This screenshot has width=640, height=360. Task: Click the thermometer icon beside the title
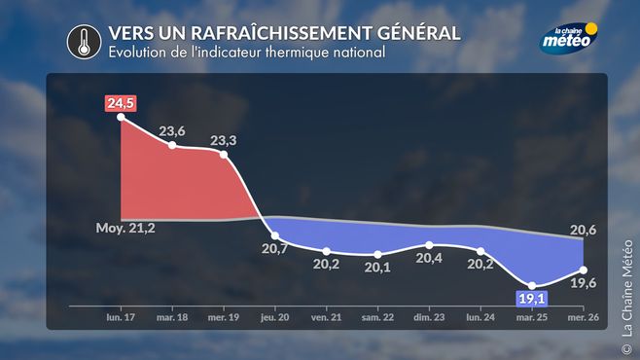pyautogui.click(x=84, y=42)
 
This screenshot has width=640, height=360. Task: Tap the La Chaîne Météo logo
pyautogui.click(x=569, y=38)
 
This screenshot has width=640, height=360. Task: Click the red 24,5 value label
pyautogui.click(x=121, y=103)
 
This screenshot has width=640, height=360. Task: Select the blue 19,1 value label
pyautogui.click(x=531, y=299)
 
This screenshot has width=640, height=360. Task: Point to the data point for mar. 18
pyautogui.click(x=172, y=145)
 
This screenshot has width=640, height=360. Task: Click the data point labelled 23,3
pyautogui.click(x=224, y=155)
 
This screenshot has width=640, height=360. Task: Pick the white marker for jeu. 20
pyautogui.click(x=275, y=235)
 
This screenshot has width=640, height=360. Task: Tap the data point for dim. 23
pyautogui.click(x=429, y=245)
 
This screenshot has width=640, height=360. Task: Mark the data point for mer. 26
pyautogui.click(x=584, y=270)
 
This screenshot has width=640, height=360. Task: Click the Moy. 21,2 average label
pyautogui.click(x=125, y=228)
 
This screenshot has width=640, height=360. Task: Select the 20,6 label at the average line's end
pyautogui.click(x=584, y=231)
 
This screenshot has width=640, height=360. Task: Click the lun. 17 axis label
pyautogui.click(x=121, y=317)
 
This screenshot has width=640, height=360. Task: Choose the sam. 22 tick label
pyautogui.click(x=378, y=317)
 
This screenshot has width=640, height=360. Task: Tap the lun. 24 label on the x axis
pyautogui.click(x=480, y=317)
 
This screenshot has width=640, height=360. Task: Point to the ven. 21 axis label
pyautogui.click(x=327, y=317)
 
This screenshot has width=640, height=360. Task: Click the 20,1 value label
pyautogui.click(x=377, y=268)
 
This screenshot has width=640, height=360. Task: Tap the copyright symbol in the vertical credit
pyautogui.click(x=626, y=349)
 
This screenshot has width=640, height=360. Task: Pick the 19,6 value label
pyautogui.click(x=584, y=283)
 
